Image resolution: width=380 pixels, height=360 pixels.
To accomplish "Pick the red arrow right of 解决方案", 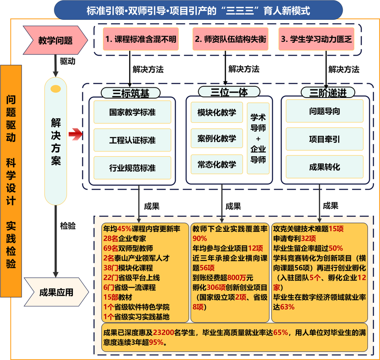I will [76, 134].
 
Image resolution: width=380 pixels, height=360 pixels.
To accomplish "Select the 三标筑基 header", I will [130, 93].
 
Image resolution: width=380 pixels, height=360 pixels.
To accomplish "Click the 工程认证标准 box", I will [132, 140].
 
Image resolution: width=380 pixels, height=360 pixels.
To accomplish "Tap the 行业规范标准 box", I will [132, 168].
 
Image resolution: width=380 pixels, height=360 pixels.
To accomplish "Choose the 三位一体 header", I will [223, 92].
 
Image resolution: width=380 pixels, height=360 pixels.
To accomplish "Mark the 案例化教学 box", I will [217, 138].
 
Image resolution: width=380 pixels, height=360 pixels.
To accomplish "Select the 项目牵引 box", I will [324, 139].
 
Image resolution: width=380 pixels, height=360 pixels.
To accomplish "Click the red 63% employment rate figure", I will [287, 307].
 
